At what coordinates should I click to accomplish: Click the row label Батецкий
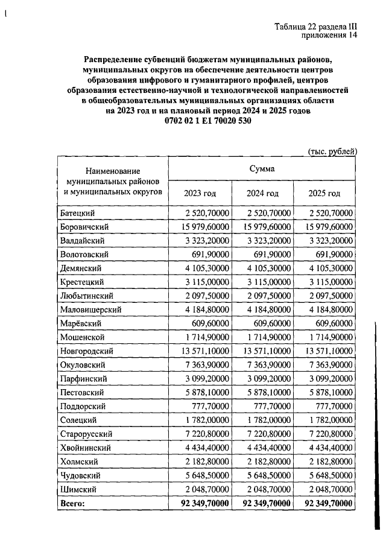pyautogui.click(x=78, y=213)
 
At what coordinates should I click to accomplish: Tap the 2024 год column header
pyautogui.click(x=262, y=193)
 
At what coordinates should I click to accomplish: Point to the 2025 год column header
pyautogui.click(x=325, y=193)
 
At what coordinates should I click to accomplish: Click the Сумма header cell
pyautogui.click(x=262, y=169)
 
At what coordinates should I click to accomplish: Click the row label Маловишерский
pyautogui.click(x=91, y=310)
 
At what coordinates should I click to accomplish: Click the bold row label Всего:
pyautogui.click(x=73, y=503)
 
